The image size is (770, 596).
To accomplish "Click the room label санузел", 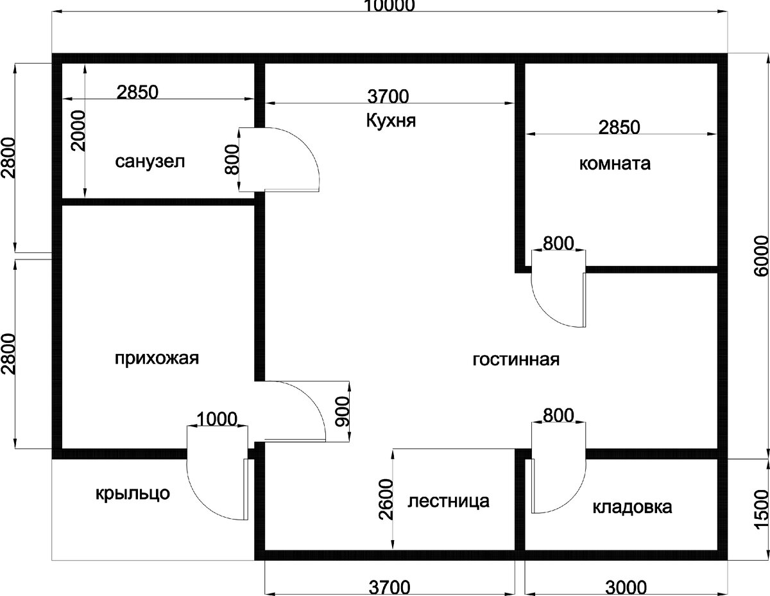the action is pos(150,162).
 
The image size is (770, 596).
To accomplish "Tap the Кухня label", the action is pos(391,121).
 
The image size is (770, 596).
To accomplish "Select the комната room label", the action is pos(615,164).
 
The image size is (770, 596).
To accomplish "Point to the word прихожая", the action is pos(157,358).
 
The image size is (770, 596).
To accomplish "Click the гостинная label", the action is pos(517,360).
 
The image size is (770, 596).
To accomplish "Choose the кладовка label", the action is pos(632,507).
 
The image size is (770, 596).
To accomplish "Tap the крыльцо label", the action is pos(133,494).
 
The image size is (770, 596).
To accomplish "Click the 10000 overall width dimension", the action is pos(389,6).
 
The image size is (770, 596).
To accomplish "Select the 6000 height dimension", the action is pos(761,256).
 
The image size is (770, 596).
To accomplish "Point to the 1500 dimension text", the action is pos(761,510).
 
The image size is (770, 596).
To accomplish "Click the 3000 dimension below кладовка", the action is pos(626,588).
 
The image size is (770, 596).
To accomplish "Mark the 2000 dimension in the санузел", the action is pos(78,131).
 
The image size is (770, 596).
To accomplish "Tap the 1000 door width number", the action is pos(216,419).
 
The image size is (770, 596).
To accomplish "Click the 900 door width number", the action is pos(342,412).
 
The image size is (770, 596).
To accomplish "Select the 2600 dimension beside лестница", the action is pos(386,500).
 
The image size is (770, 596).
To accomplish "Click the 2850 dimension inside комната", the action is pos(619,128).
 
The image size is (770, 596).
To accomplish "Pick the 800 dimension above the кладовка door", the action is pos(558,416).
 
